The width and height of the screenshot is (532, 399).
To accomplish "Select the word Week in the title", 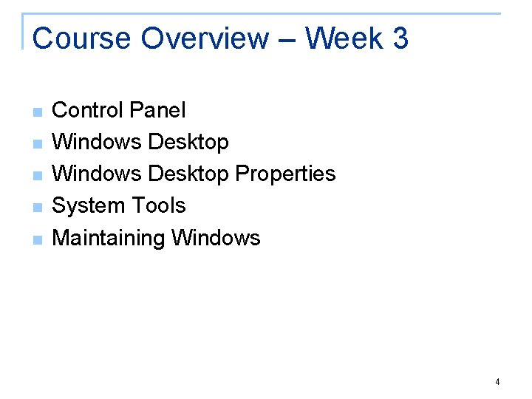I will point(338,38).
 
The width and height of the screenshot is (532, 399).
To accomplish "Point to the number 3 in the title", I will point(400,38).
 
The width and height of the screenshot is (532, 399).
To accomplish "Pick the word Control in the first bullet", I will point(86,110).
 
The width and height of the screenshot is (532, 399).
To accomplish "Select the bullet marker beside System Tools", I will point(38,208).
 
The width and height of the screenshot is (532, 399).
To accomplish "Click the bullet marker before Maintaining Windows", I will point(38,239).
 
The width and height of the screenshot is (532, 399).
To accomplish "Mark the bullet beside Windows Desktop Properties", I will point(38,176).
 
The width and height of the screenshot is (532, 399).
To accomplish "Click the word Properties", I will point(285,174).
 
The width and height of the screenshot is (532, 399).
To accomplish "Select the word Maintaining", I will point(109,238).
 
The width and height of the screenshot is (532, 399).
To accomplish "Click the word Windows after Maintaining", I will point(216,238).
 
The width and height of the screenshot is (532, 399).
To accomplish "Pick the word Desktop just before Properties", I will point(188,174).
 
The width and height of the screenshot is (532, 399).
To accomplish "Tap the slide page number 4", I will point(497,382).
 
